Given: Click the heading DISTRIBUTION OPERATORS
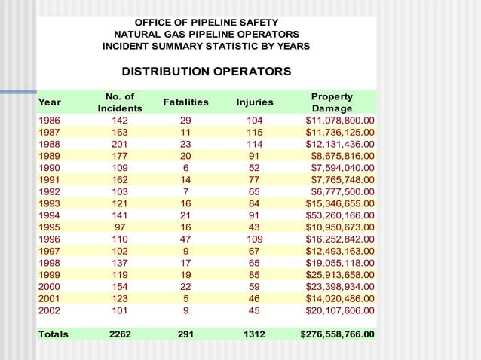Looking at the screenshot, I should pyautogui.click(x=206, y=72).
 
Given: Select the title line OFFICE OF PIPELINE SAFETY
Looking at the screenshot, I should pyautogui.click(x=206, y=22).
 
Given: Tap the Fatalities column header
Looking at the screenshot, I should pyautogui.click(x=185, y=102).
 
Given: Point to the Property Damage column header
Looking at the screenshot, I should pyautogui.click(x=332, y=103).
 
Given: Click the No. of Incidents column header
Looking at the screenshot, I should pyautogui.click(x=120, y=103).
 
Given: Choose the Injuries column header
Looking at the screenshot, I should pyautogui.click(x=255, y=102).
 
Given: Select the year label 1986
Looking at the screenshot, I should pyautogui.click(x=51, y=120).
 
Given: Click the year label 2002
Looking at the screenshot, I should pyautogui.click(x=51, y=310).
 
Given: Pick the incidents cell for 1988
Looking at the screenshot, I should pyautogui.click(x=120, y=144).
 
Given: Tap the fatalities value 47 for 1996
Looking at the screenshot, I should pyautogui.click(x=185, y=239).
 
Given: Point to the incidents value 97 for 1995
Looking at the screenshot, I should pyautogui.click(x=120, y=227).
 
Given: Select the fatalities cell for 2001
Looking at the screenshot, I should pyautogui.click(x=185, y=297).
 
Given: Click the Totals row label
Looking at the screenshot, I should pyautogui.click(x=54, y=334).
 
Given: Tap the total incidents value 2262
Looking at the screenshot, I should pyautogui.click(x=120, y=334).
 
